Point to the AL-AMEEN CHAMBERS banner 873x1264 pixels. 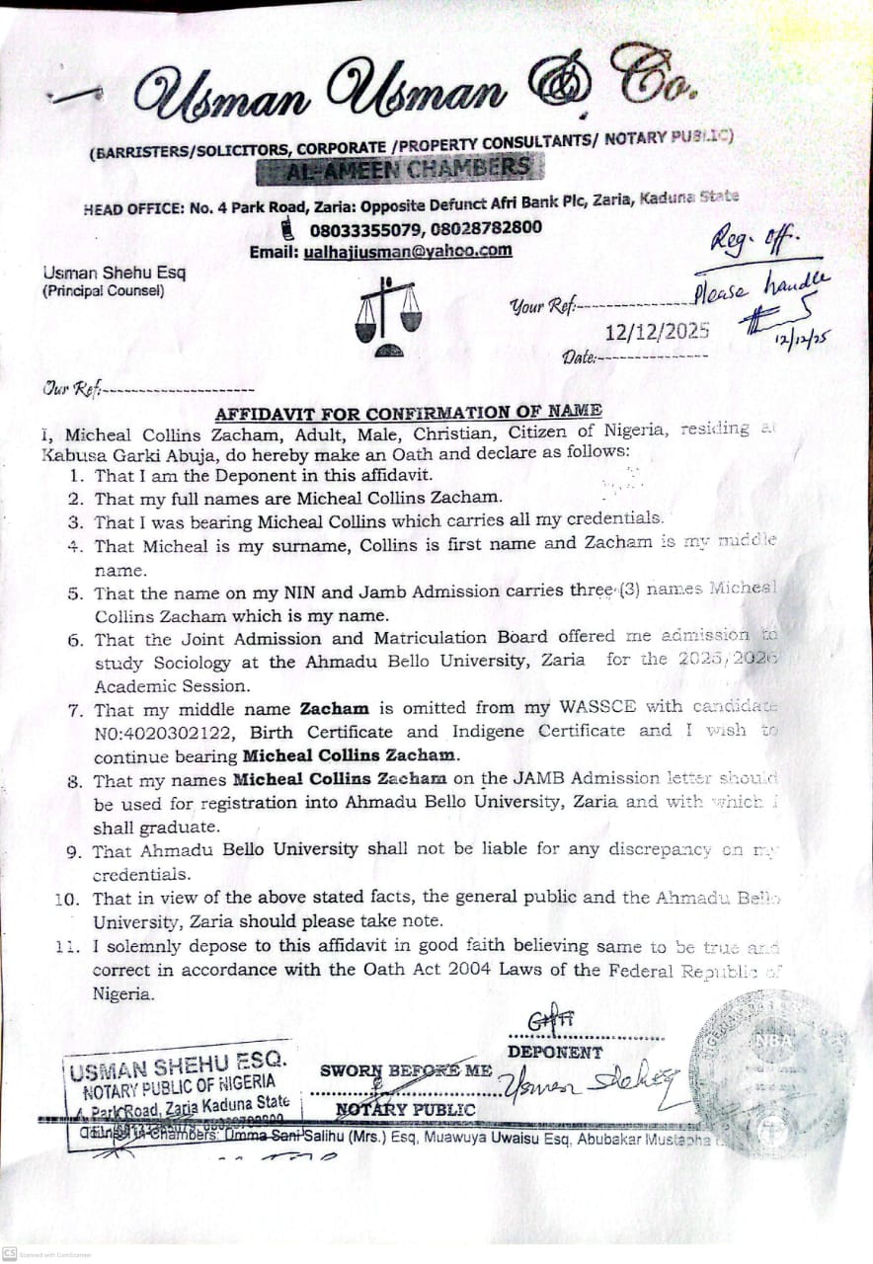pos(399,170)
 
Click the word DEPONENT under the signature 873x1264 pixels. pos(554,1053)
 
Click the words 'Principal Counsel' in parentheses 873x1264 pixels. pos(104,291)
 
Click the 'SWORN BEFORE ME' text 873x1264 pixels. pos(405,1070)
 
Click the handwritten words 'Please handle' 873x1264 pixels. pos(762,288)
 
